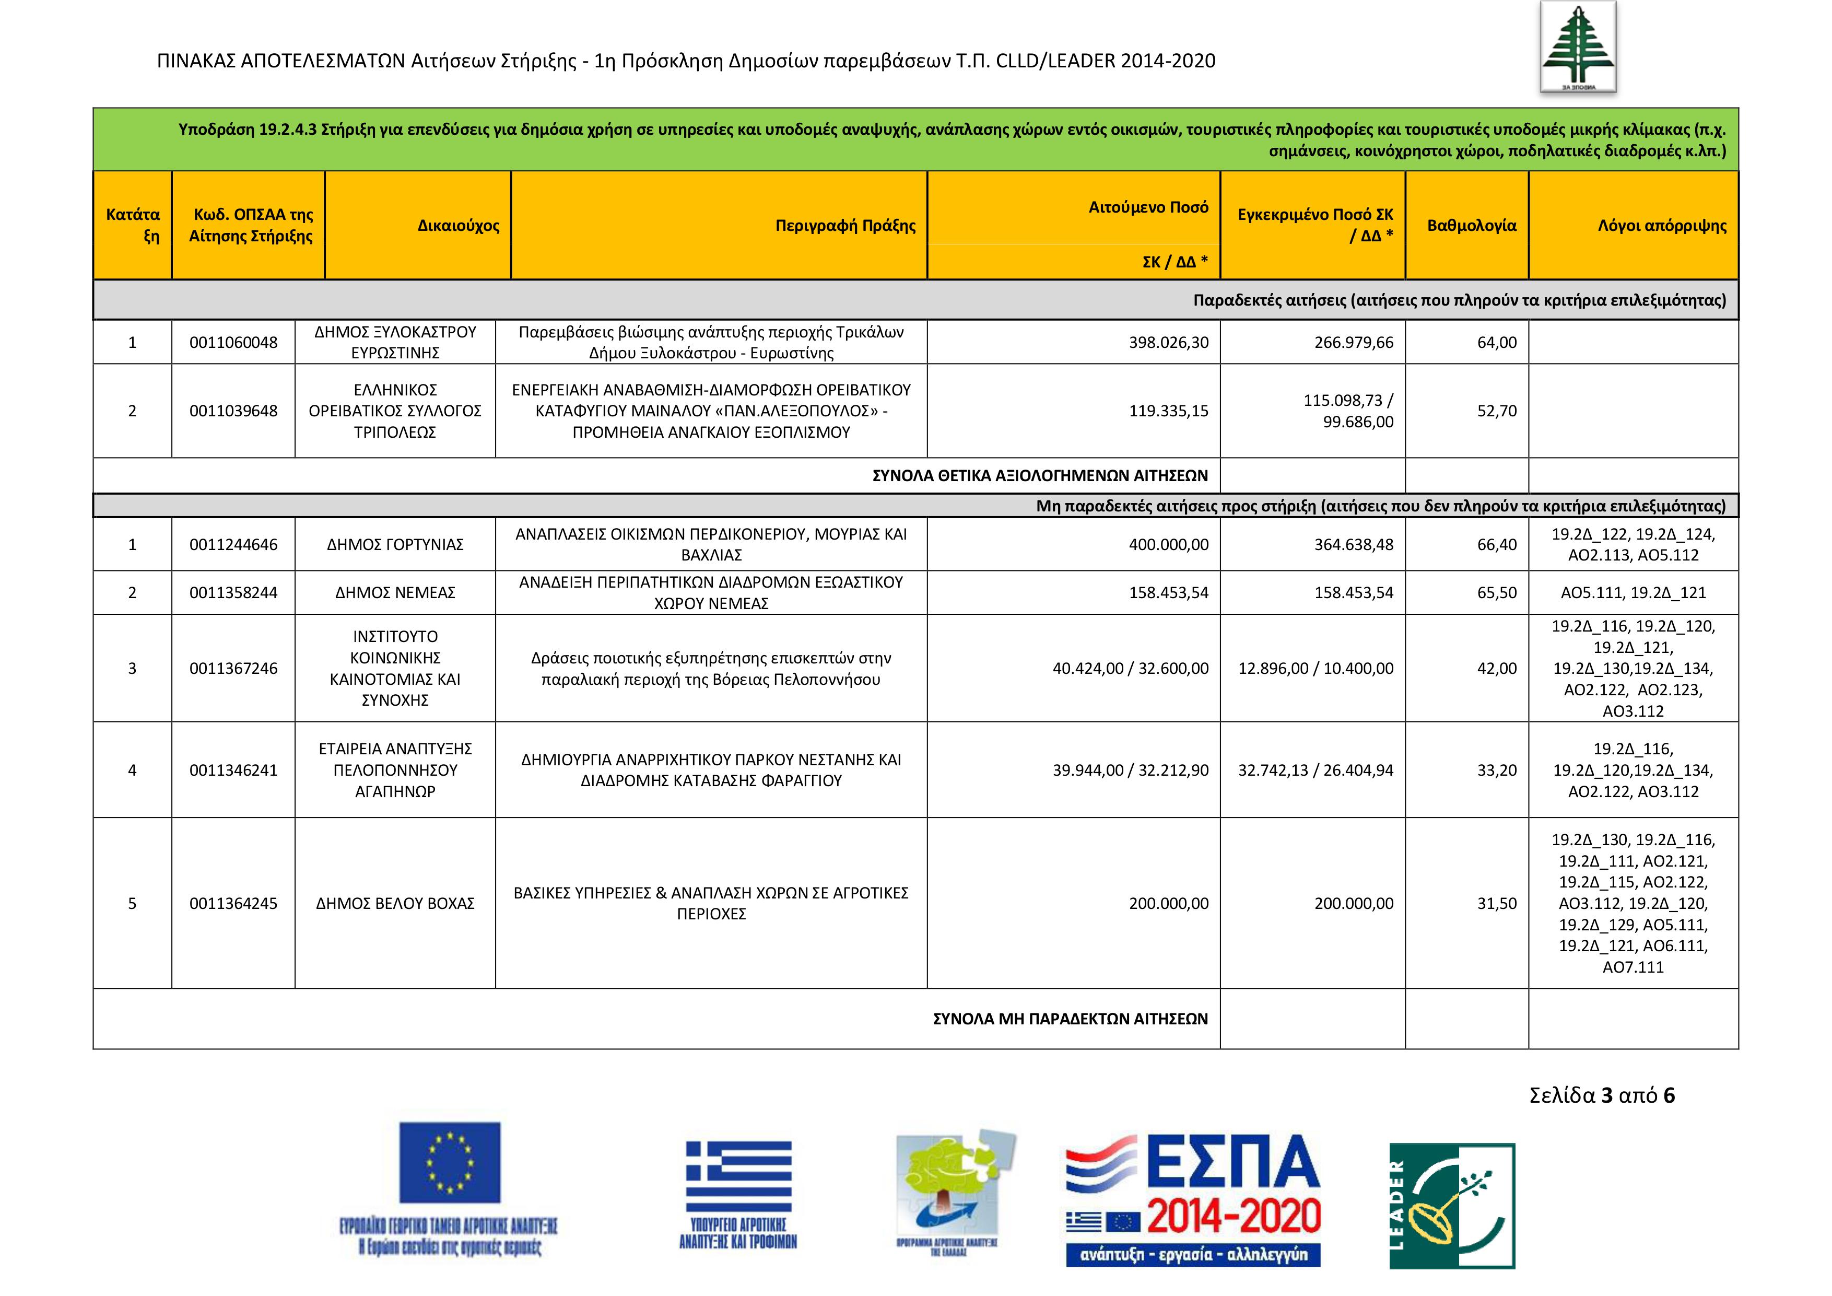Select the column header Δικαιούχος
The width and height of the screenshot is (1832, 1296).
click(x=458, y=226)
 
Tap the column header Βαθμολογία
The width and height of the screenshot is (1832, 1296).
click(x=1471, y=226)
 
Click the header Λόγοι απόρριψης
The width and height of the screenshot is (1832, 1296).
click(x=1661, y=226)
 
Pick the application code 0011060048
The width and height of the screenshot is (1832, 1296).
click(x=233, y=342)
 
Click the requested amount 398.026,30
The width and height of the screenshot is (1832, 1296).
click(x=1168, y=342)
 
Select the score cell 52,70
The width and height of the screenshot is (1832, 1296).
click(x=1496, y=411)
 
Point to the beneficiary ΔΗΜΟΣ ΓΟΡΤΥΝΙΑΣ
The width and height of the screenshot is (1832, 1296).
click(x=395, y=545)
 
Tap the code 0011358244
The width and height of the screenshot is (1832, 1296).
click(x=233, y=593)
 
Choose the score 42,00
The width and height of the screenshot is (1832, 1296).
click(x=1496, y=669)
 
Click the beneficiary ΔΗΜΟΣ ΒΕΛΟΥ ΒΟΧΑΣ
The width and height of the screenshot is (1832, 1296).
click(x=395, y=903)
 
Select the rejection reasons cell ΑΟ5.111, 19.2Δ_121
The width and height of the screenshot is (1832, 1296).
click(x=1633, y=593)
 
